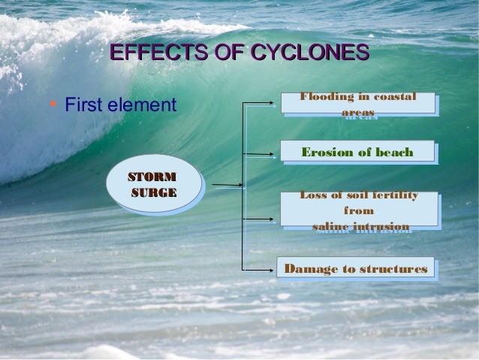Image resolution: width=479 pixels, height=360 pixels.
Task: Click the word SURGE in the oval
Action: [x=154, y=193]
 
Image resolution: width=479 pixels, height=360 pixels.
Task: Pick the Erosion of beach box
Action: [x=357, y=152]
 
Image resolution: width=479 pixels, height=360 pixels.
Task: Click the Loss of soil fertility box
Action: [x=359, y=210]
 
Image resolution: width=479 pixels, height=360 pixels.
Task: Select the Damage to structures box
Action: [x=356, y=268]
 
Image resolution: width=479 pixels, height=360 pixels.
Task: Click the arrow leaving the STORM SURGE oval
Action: [x=226, y=184]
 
